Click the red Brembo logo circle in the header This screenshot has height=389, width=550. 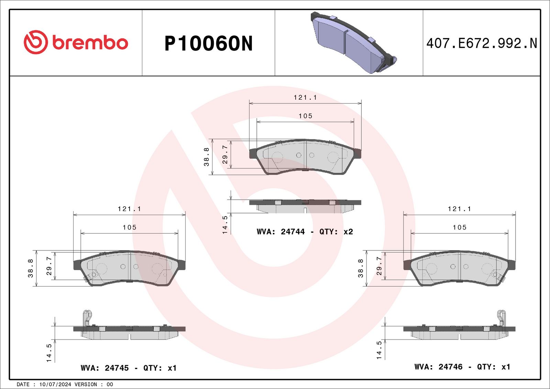pos(35,42)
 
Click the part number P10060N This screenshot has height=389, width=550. pos(208,44)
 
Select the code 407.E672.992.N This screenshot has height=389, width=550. pos(482,43)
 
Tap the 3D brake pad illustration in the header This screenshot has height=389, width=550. pos(354,43)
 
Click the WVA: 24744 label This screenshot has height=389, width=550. pos(280,232)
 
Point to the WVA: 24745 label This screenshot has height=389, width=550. pos(104,368)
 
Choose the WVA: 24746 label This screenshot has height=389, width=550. pos(438,367)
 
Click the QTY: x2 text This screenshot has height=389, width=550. pos(336,232)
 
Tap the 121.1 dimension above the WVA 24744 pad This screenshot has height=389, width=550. pos(305,98)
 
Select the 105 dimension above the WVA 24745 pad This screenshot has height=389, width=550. pos(129,227)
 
